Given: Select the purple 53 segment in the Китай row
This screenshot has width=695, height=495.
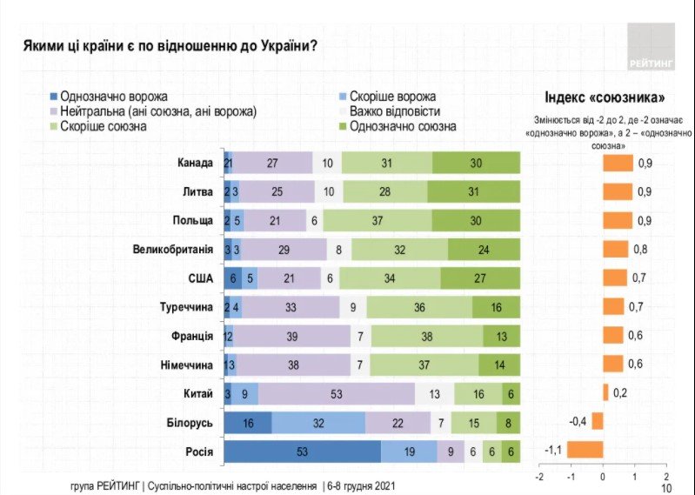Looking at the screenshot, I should coord(335,392).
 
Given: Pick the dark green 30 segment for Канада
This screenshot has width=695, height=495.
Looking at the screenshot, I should coord(476,163).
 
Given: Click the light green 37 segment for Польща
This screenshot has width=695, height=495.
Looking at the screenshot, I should coord(379,220).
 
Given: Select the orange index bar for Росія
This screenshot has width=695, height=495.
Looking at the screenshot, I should coord(585,450).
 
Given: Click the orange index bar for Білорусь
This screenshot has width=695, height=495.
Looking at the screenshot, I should coord(597,421).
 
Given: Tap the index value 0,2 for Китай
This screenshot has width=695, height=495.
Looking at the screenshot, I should coord(619,392).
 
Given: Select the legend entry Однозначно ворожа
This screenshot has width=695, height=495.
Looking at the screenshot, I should coord(113,97).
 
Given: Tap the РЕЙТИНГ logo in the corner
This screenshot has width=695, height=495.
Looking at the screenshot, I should coord(652,47).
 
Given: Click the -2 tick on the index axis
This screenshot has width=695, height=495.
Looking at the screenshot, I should coord(539,477).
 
